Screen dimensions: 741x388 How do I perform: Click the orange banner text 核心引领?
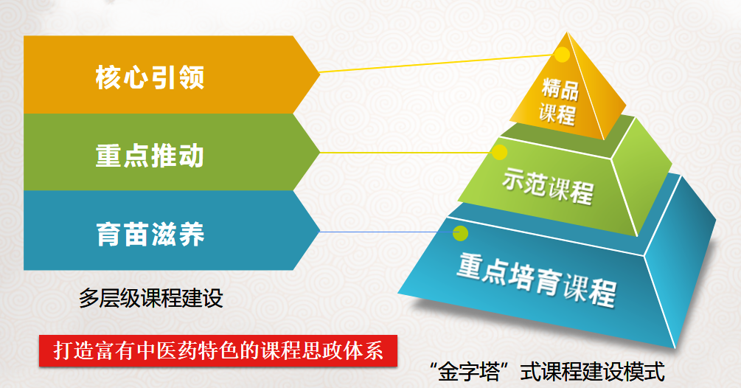tap(150, 77)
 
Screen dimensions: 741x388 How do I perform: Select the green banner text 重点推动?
tap(150, 156)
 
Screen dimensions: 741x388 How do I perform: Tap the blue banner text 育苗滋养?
tap(150, 233)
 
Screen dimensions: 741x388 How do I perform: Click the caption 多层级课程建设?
tap(150, 298)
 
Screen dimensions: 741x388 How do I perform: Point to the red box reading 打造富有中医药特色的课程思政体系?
tap(218, 351)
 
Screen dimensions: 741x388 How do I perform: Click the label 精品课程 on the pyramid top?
tap(559, 102)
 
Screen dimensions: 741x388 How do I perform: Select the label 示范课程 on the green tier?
tap(548, 186)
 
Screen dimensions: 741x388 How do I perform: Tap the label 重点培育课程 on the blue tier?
tap(536, 279)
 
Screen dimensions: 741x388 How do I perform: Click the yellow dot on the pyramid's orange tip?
tap(562, 55)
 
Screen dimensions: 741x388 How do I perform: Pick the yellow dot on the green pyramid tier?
tap(499, 152)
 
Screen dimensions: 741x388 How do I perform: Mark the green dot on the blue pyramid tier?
tap(460, 233)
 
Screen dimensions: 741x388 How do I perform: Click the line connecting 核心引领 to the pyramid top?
tap(437, 63)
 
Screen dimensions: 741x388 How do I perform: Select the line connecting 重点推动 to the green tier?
tap(406, 153)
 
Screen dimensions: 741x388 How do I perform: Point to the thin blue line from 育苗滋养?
tap(386, 232)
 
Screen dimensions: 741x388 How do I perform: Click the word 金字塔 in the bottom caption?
tap(469, 371)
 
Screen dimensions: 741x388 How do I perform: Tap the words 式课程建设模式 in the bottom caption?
tap(593, 371)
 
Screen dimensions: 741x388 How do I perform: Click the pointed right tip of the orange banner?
tap(320, 73)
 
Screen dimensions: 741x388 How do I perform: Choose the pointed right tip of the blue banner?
tap(320, 232)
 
